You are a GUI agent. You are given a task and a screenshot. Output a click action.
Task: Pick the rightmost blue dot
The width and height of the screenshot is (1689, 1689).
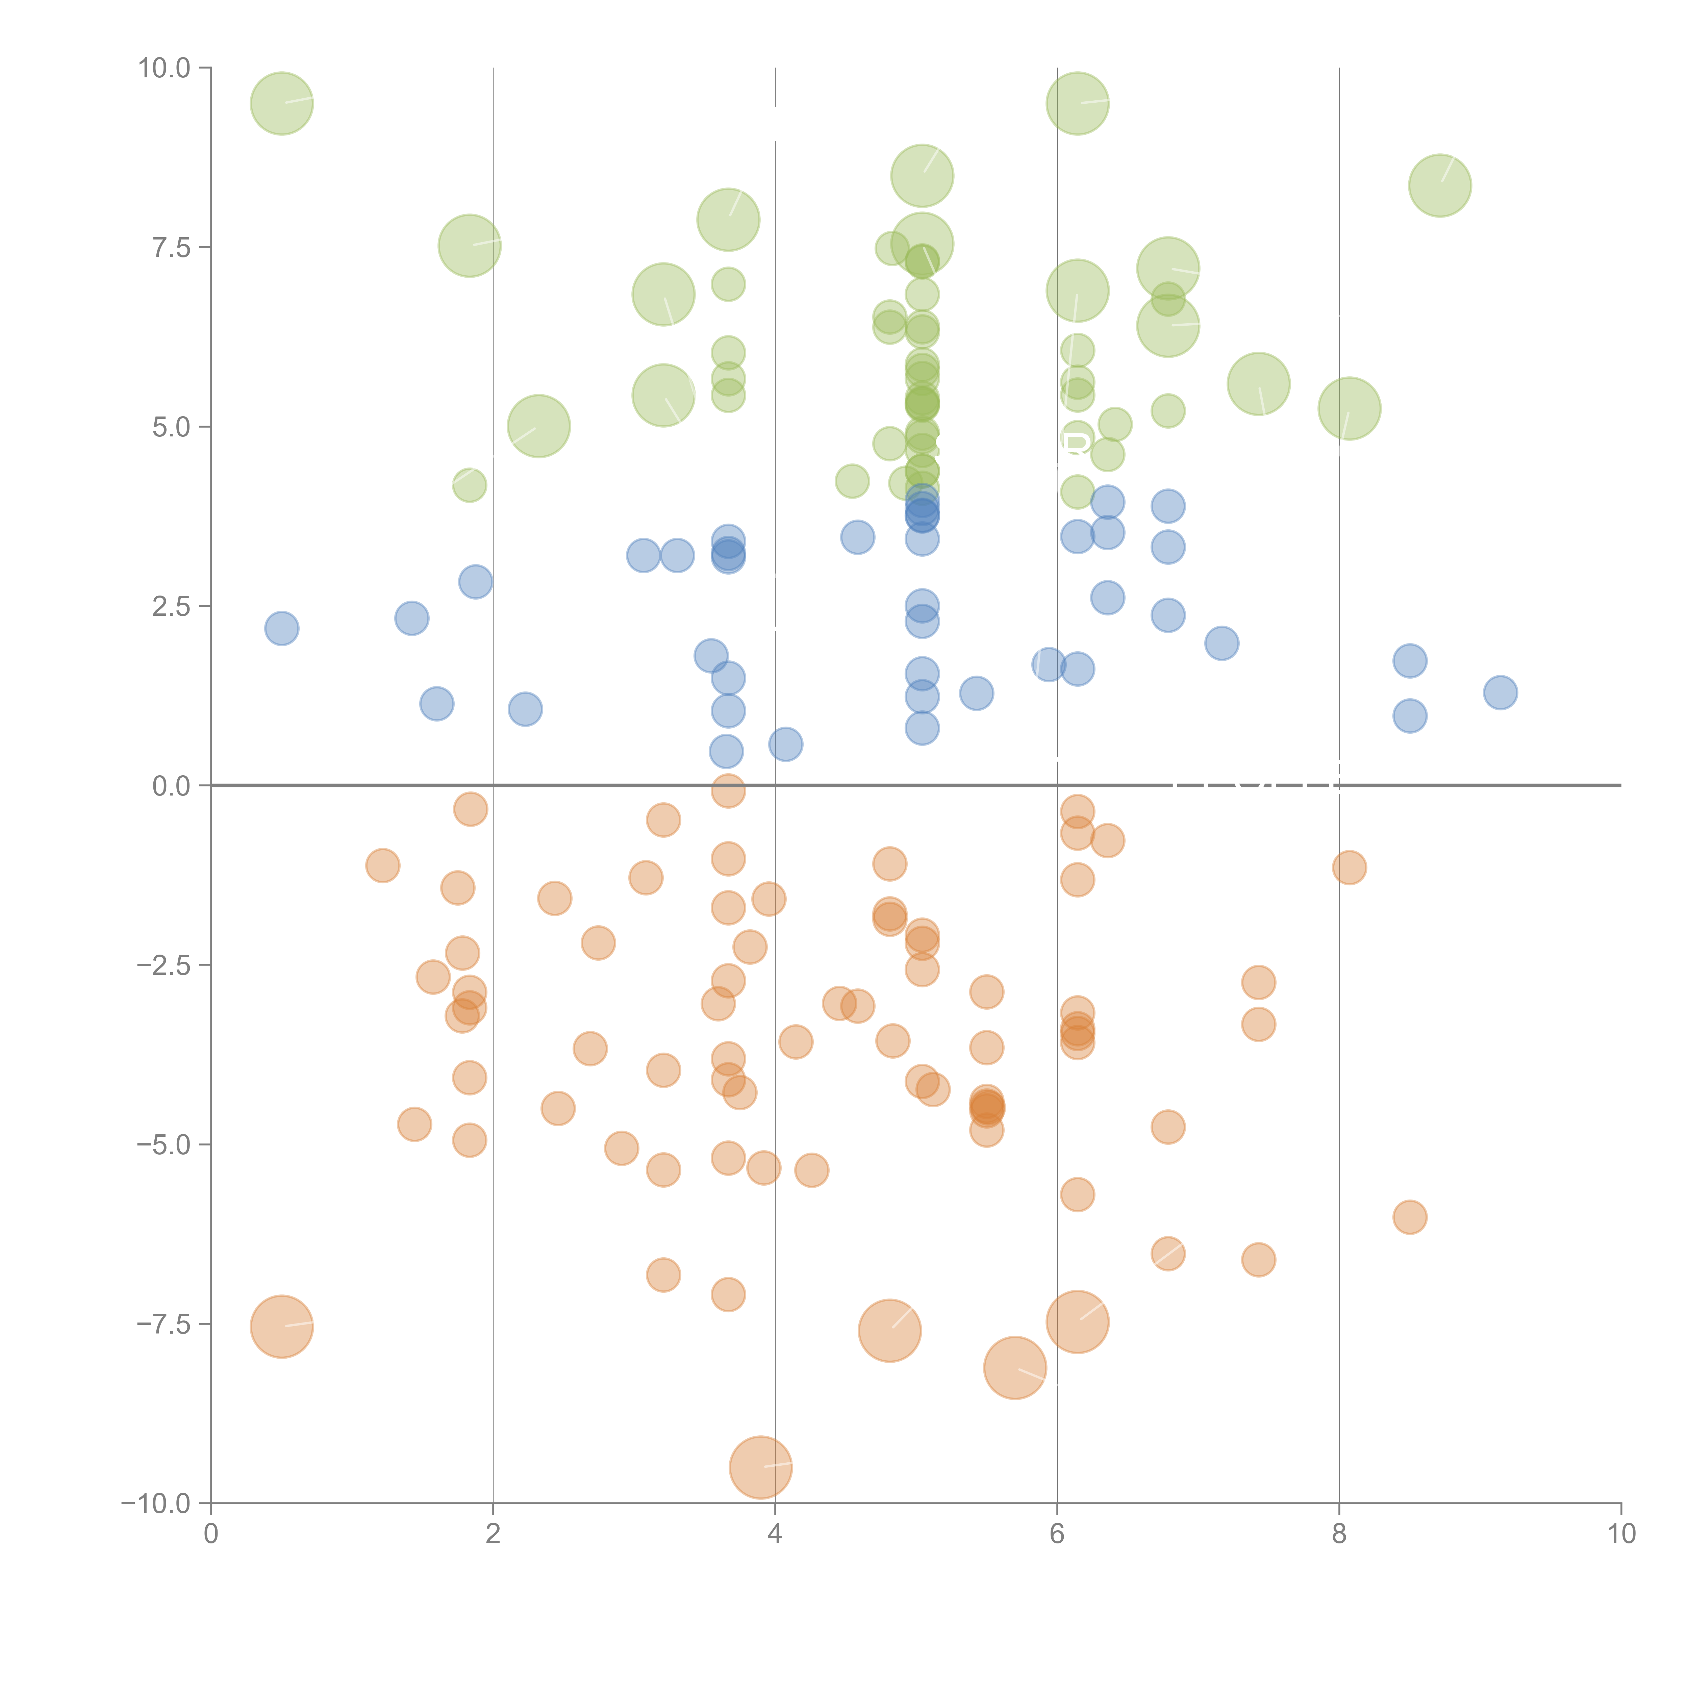click(x=1500, y=692)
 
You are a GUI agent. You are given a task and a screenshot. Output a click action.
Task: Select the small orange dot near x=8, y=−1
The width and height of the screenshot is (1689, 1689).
click(x=1349, y=867)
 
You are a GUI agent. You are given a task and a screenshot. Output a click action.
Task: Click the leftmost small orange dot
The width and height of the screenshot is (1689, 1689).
click(x=382, y=865)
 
